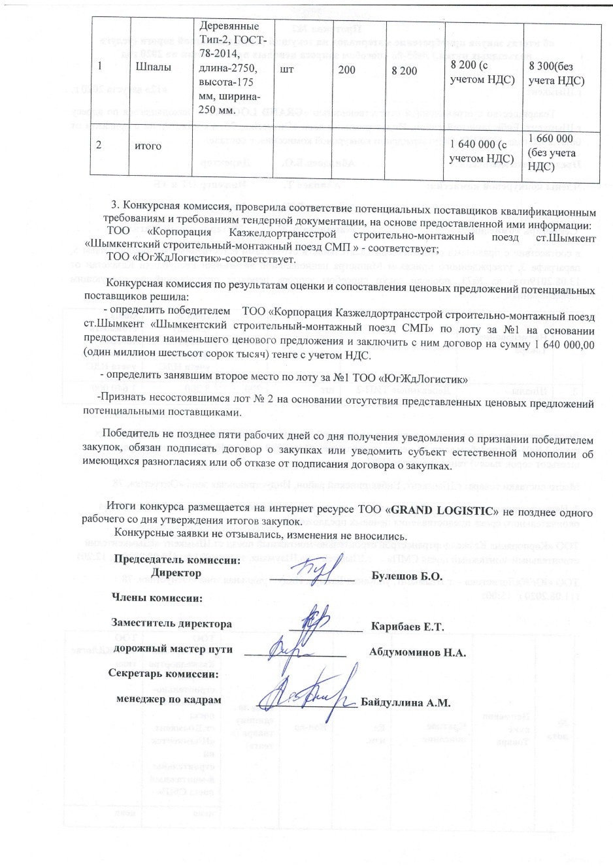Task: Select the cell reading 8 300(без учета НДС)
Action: click(x=557, y=74)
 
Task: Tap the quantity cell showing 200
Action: click(x=346, y=70)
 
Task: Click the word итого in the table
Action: click(x=148, y=146)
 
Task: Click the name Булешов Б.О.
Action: click(x=406, y=577)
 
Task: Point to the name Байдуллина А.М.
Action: click(x=406, y=703)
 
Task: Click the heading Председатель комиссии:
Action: click(x=176, y=559)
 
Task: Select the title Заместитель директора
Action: click(x=171, y=623)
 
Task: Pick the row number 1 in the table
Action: click(x=99, y=67)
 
